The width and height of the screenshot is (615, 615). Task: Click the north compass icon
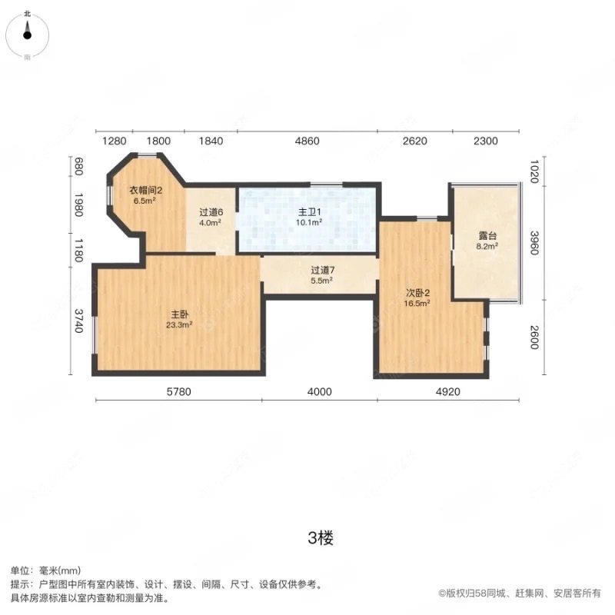(28, 32)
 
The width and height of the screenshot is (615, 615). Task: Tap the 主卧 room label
(180, 314)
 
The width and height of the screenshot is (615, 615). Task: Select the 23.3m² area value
(180, 324)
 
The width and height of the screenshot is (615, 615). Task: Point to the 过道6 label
(211, 213)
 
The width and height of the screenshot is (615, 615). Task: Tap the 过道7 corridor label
(321, 270)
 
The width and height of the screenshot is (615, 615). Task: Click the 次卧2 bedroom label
(417, 292)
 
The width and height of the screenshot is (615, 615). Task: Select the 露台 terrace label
(486, 237)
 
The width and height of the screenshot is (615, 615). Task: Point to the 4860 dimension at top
(307, 141)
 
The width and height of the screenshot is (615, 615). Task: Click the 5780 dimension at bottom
(178, 392)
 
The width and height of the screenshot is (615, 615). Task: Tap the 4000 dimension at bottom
(319, 392)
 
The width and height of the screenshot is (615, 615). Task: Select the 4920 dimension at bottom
(432, 392)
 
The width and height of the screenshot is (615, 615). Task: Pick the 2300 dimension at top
(486, 141)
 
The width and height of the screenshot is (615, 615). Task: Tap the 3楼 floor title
(320, 538)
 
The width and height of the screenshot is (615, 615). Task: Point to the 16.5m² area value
(417, 303)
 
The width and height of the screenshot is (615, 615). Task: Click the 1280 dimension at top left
(114, 141)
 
